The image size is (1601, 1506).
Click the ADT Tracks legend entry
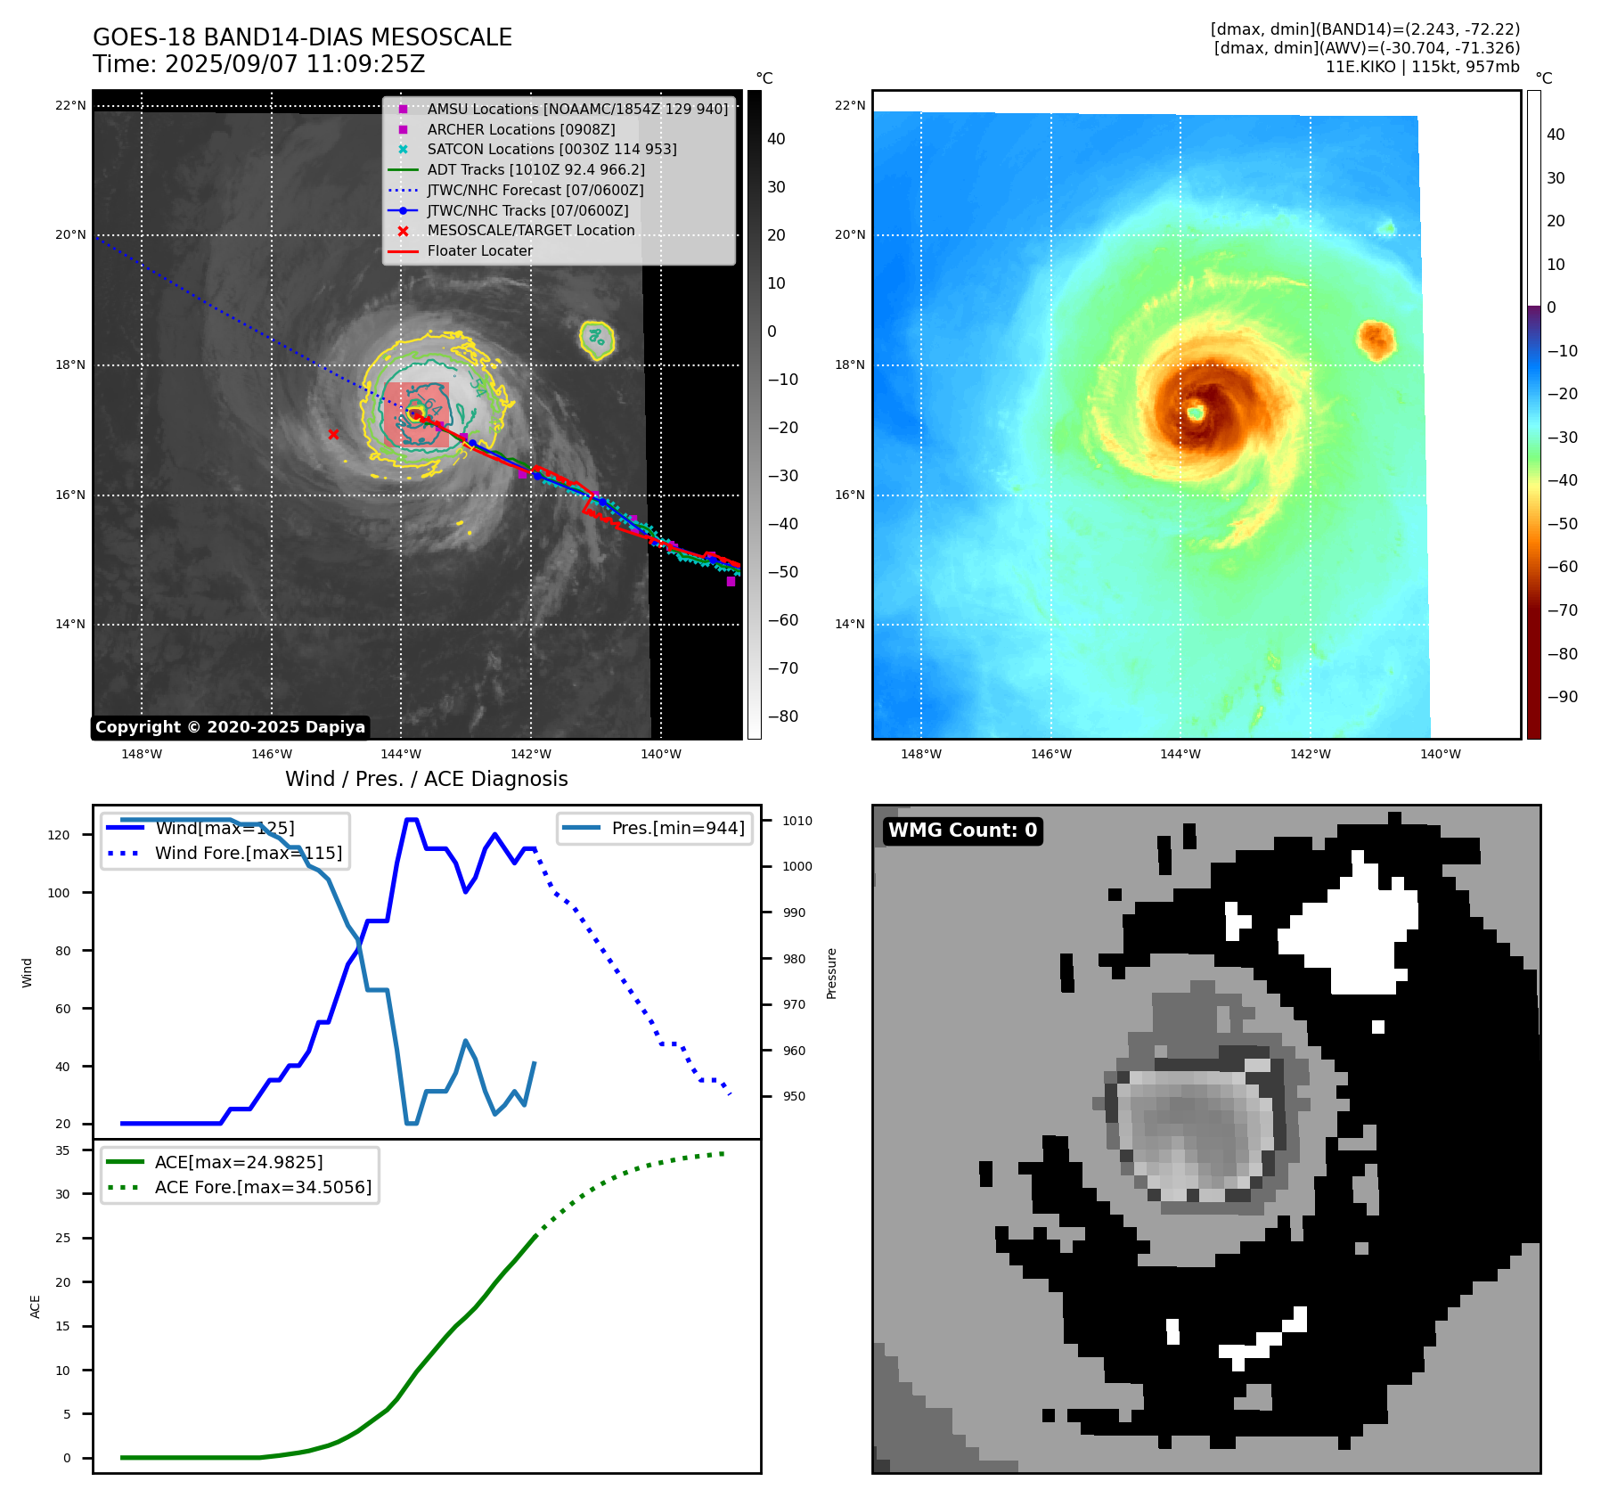535,169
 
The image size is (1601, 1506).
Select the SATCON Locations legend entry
551,149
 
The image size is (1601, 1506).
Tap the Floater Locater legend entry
479,250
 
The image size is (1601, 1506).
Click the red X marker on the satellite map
333,434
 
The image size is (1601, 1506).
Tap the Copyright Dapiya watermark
230,727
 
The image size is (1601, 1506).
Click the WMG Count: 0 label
962,831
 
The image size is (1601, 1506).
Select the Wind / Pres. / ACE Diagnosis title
426,779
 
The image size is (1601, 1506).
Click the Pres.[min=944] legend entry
678,828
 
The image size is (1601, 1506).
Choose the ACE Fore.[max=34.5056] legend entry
263,1187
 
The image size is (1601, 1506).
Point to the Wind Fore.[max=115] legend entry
248,853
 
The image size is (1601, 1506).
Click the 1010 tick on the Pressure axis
797,821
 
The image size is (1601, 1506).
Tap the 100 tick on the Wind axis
59,893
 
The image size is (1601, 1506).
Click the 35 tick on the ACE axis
62,1150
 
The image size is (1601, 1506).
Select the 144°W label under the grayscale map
401,754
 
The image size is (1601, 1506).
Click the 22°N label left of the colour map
849,105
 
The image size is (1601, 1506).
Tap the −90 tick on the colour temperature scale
1562,697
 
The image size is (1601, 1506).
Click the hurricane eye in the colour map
1196,413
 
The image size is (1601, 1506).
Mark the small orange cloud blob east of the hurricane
1376,340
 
